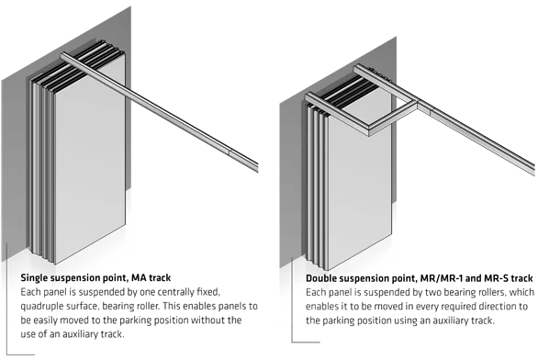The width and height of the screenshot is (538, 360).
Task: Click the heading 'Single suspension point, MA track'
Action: pyautogui.click(x=95, y=277)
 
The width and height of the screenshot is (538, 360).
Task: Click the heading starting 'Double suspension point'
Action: pyautogui.click(x=420, y=278)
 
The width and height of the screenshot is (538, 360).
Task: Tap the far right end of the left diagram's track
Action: pyautogui.click(x=258, y=167)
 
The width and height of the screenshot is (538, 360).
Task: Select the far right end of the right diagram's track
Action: pyautogui.click(x=534, y=171)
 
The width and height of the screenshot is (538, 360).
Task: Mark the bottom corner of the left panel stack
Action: pyautogui.click(x=54, y=264)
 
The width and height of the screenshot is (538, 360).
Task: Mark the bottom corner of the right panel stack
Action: pyautogui.click(x=329, y=271)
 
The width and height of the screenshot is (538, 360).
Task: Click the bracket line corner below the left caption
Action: pyautogui.click(x=6, y=354)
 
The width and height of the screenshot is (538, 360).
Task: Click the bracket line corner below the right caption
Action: pyautogui.click(x=292, y=342)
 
